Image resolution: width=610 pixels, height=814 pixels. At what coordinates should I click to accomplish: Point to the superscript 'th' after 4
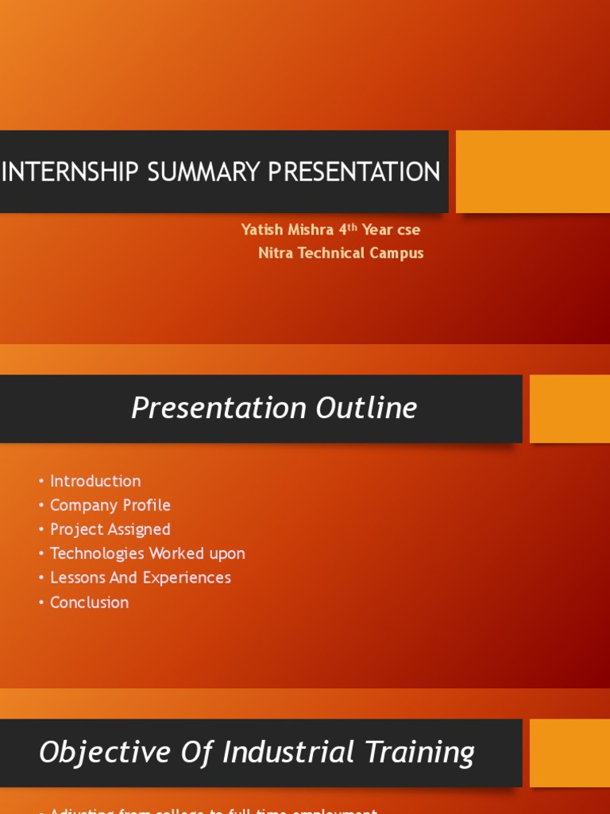[x=353, y=227]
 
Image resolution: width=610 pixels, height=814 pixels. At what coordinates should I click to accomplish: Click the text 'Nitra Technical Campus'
[x=341, y=254]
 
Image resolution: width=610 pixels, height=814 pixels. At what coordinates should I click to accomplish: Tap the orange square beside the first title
[x=532, y=172]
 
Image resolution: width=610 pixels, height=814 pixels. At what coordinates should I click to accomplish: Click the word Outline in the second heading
[x=366, y=409]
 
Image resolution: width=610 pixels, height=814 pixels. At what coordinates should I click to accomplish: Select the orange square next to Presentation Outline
[x=569, y=409]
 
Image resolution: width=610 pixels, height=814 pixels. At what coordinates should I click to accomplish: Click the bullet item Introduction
[x=95, y=481]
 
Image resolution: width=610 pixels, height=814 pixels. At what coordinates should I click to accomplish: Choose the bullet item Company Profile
[x=110, y=506]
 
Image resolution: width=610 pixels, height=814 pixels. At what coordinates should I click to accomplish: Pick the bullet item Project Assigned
[x=110, y=529]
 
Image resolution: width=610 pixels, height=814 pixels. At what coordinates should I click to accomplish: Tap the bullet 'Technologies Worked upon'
[x=148, y=553]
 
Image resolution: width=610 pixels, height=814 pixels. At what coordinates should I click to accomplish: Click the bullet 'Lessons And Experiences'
[x=141, y=578]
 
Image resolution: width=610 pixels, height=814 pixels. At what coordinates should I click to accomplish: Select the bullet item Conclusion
[x=89, y=603]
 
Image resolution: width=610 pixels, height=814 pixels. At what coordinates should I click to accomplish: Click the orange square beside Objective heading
[x=569, y=753]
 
